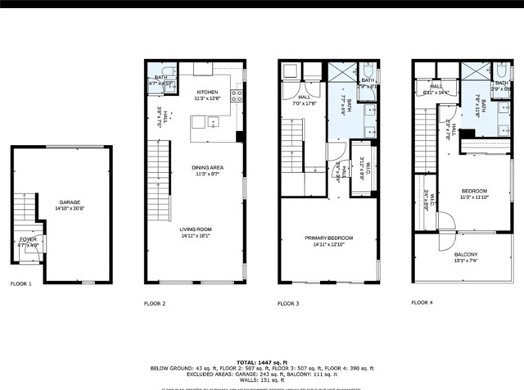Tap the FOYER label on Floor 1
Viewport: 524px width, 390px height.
click(x=28, y=239)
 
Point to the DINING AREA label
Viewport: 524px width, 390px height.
click(x=209, y=168)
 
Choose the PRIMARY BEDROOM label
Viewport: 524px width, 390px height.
click(x=327, y=238)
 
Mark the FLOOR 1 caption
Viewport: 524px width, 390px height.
click(x=21, y=284)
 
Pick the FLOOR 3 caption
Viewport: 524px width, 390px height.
click(x=288, y=304)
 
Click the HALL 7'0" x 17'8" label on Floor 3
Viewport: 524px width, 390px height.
click(x=294, y=100)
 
